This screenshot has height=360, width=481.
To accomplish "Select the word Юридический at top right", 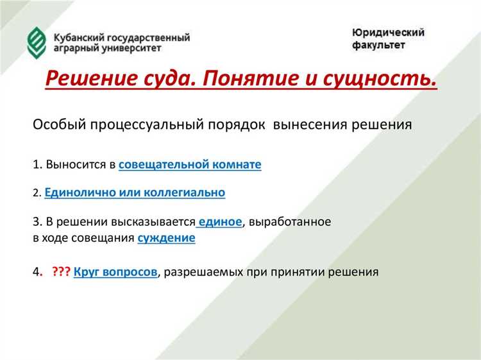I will (388, 33).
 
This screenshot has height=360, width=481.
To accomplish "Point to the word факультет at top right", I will (379, 46).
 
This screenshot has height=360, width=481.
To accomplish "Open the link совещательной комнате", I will (190, 164).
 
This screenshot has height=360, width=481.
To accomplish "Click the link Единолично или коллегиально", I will (135, 192).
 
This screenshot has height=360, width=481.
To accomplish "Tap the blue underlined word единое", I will (220, 222).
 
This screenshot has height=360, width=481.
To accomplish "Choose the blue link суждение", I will (166, 238).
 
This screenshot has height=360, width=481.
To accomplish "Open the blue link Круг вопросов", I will (115, 271).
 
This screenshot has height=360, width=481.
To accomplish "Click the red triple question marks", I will (62, 271).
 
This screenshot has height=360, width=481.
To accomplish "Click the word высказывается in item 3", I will (153, 222).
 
